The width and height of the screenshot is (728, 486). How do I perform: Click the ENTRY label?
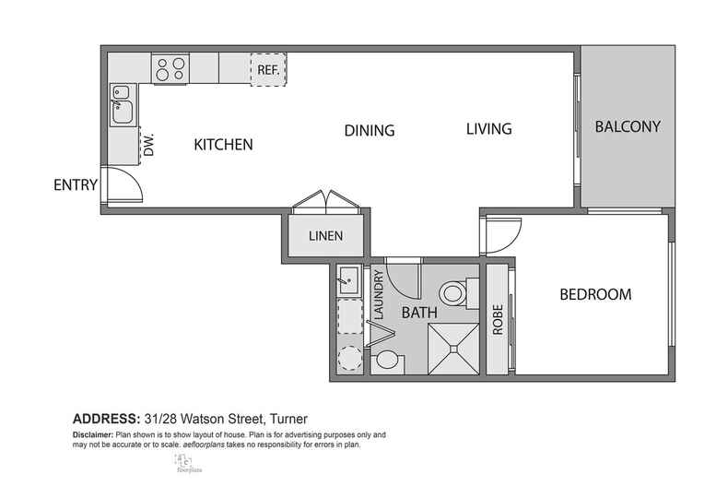pyautogui.click(x=76, y=184)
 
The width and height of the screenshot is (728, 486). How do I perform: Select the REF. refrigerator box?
pyautogui.click(x=268, y=69)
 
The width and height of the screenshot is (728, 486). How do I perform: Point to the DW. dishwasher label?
pyautogui.click(x=148, y=145)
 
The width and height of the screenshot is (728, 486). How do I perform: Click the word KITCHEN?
pyautogui.click(x=223, y=145)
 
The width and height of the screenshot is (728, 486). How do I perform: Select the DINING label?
pyautogui.click(x=369, y=130)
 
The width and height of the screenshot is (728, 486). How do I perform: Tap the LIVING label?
pyautogui.click(x=487, y=129)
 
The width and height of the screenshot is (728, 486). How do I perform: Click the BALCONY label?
pyautogui.click(x=627, y=127)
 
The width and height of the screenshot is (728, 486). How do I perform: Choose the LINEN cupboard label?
pyautogui.click(x=325, y=236)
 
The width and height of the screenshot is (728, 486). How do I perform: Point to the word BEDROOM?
pyautogui.click(x=595, y=295)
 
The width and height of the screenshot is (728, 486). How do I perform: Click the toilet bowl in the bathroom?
pyautogui.click(x=452, y=295)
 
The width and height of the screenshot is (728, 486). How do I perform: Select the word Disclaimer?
pyautogui.click(x=96, y=433)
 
